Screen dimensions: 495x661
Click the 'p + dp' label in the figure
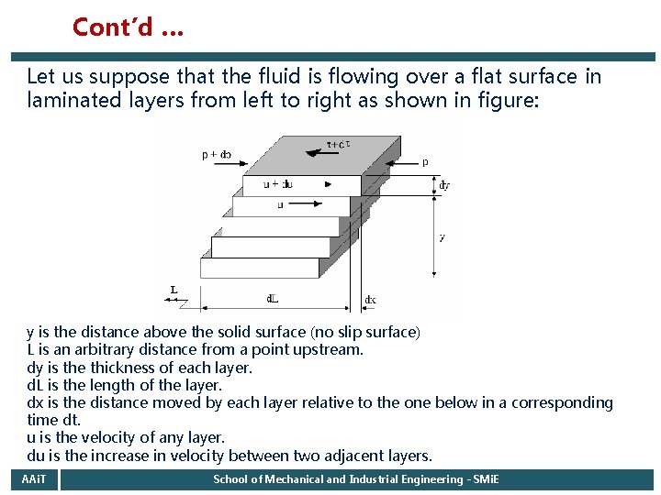coord(217,155)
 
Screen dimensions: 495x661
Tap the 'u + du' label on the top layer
coord(277,184)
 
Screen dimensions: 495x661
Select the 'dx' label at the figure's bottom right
coord(370,300)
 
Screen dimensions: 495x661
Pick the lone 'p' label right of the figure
coord(424,161)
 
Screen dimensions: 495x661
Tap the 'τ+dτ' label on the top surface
coord(339,144)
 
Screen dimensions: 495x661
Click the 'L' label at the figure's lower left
coord(174,291)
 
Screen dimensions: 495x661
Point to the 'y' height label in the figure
coord(443,236)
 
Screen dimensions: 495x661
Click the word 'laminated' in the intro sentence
coord(73,100)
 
